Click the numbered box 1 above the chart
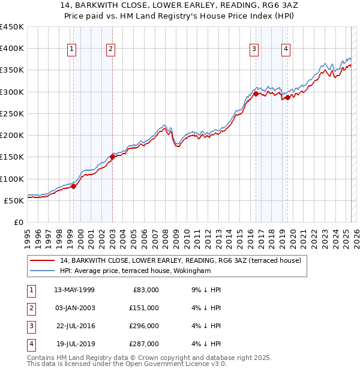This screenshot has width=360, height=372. click(x=72, y=49)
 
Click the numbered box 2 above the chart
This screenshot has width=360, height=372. click(x=112, y=49)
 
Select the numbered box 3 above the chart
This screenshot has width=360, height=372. click(x=254, y=49)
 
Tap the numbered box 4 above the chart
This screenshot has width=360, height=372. click(x=286, y=49)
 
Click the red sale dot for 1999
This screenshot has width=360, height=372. click(x=73, y=186)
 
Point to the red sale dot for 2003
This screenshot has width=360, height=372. click(x=112, y=157)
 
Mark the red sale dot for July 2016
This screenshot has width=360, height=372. click(x=256, y=94)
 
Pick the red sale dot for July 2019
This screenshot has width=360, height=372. click(x=287, y=97)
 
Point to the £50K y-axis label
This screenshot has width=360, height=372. click(x=14, y=200)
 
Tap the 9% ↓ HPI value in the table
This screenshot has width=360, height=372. click(x=207, y=290)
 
